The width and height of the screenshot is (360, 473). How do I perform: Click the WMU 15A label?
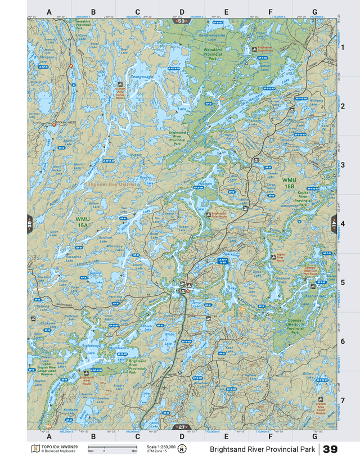pos(82,221)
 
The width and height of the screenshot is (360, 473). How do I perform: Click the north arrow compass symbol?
pos(182,449)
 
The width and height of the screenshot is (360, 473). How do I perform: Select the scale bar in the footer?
pos(112,448)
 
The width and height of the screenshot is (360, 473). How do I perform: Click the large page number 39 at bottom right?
pos(330,449)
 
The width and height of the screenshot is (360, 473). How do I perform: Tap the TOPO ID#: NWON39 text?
pos(55,447)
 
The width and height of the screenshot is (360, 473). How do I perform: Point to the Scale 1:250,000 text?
pos(161,447)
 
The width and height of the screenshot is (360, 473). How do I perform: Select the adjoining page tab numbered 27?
pos(181,427)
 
